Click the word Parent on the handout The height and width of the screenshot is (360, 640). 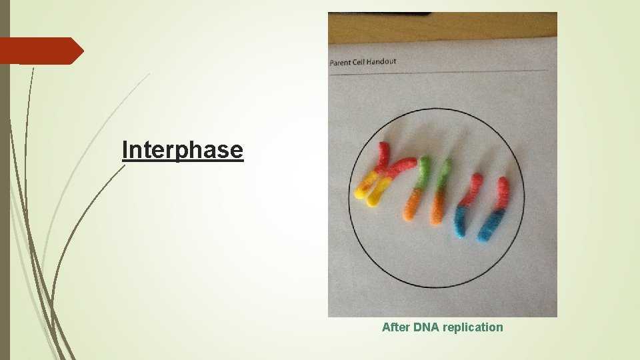(342, 62)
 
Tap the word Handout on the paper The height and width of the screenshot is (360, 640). (383, 61)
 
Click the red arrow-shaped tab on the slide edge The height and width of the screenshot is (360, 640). (40, 51)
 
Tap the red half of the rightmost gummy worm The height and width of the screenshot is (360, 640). (502, 193)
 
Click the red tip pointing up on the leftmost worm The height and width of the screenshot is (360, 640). (383, 147)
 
